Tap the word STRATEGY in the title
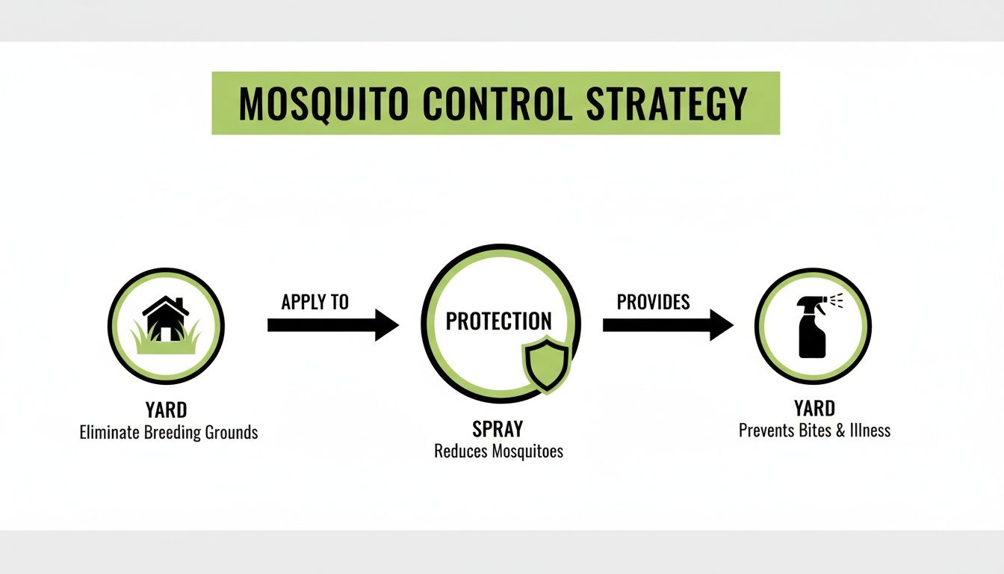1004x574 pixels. (666, 104)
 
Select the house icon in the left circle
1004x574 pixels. (166, 317)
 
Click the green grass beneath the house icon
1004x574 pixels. (166, 342)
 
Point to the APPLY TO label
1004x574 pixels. (314, 302)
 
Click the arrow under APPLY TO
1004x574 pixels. (332, 325)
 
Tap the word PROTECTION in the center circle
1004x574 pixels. (498, 321)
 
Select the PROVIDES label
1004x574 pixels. (653, 302)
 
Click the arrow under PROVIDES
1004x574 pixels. (667, 325)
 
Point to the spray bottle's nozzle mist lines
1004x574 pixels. (837, 300)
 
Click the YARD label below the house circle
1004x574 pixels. (166, 410)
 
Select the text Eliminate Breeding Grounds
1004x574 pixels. (169, 432)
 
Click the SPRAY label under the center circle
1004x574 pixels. (498, 429)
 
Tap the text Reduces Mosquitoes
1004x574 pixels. (498, 451)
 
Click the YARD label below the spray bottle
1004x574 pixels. (814, 409)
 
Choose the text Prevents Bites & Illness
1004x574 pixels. (814, 430)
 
